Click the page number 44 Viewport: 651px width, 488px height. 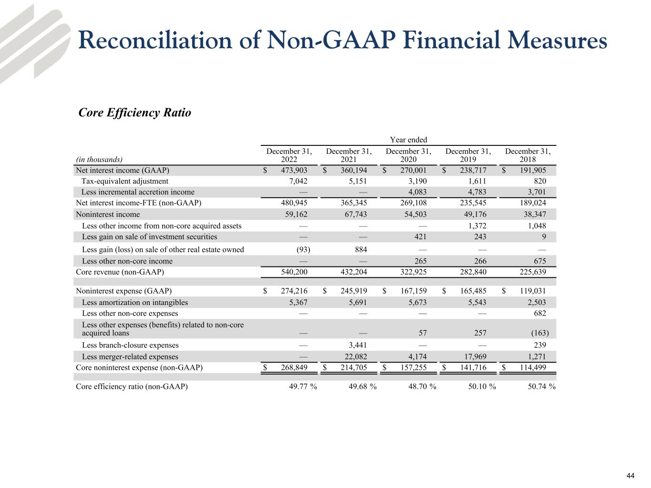pyautogui.click(x=630, y=476)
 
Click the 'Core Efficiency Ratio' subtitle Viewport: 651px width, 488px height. pyautogui.click(x=134, y=113)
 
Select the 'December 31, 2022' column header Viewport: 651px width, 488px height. pyautogui.click(x=289, y=155)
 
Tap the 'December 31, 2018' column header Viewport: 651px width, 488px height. pyautogui.click(x=528, y=155)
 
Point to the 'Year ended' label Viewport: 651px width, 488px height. pyautogui.click(x=408, y=140)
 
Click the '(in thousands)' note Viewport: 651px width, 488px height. pyautogui.click(x=99, y=160)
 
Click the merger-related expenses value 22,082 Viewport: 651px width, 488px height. pyautogui.click(x=355, y=356)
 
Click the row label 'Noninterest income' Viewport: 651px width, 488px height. pyautogui.click(x=108, y=214)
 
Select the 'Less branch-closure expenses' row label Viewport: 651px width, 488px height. pyautogui.click(x=130, y=345)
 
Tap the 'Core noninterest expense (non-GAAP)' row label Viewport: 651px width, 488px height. pyautogui.click(x=139, y=367)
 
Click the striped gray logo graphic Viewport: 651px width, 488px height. pyautogui.click(x=33, y=43)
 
